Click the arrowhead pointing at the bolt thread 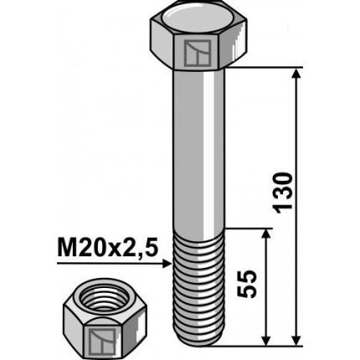point(164,264)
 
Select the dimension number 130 point(285,191)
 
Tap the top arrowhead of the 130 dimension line point(297,76)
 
